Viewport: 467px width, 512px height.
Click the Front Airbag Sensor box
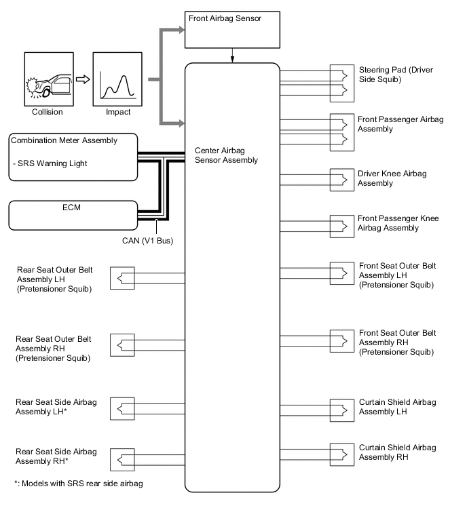click(232, 29)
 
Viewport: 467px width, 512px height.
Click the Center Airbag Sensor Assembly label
click(225, 155)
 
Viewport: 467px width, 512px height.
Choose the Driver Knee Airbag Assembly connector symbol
click(338, 179)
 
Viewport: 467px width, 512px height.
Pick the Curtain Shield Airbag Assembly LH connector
click(338, 407)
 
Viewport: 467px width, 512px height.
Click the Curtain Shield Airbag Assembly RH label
click(397, 452)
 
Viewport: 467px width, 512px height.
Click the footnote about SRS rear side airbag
click(78, 484)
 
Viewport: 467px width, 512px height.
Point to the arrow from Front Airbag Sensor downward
click(232, 55)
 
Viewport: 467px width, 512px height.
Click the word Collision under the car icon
click(48, 112)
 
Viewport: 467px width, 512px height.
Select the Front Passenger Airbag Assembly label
click(400, 123)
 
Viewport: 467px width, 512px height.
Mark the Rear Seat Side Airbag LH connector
click(123, 409)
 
